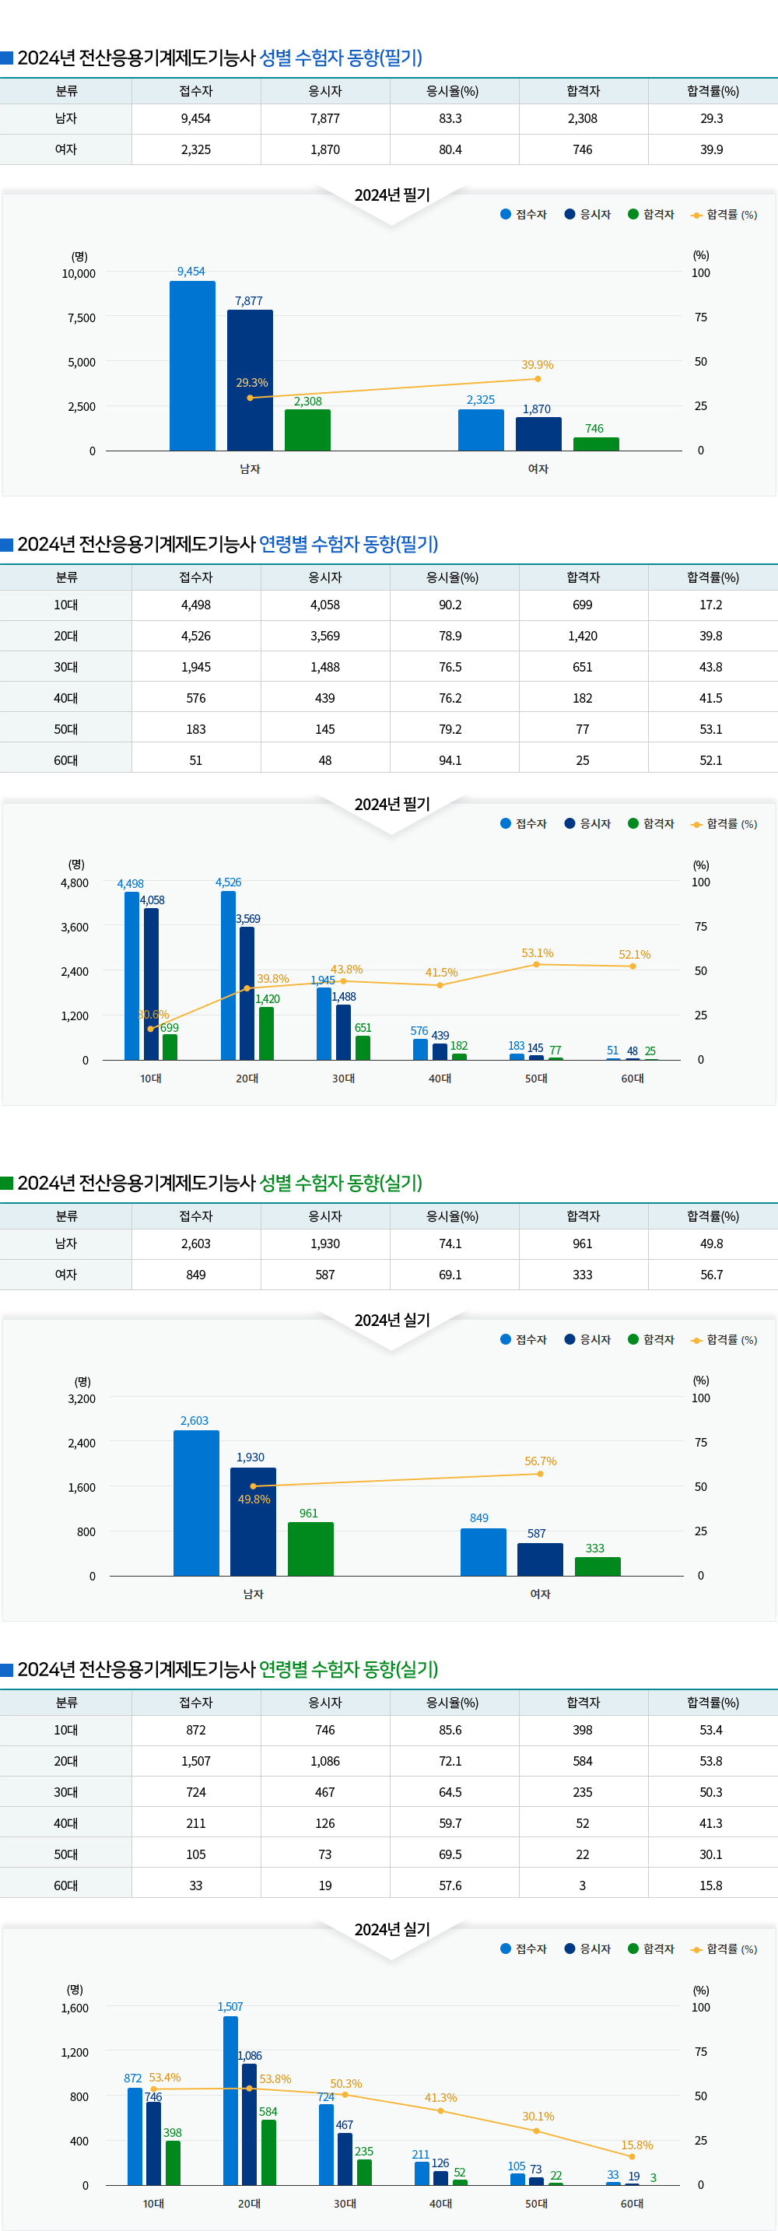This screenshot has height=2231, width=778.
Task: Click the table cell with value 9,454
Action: pyautogui.click(x=195, y=118)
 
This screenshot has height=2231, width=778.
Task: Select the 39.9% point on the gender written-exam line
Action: pyautogui.click(x=538, y=378)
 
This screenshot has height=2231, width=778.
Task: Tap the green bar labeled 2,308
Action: pyautogui.click(x=307, y=430)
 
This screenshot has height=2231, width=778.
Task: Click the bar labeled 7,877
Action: pyautogui.click(x=249, y=381)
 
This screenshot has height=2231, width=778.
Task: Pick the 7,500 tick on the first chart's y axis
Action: pyautogui.click(x=82, y=317)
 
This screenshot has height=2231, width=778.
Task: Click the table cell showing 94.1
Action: pyautogui.click(x=450, y=760)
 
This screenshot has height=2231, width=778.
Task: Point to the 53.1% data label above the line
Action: pyautogui.click(x=537, y=952)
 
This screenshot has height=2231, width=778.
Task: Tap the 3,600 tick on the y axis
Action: pyautogui.click(x=75, y=927)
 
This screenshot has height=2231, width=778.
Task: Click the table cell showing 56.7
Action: pyautogui.click(x=711, y=1275)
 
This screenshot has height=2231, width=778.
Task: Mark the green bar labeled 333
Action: pyautogui.click(x=598, y=1566)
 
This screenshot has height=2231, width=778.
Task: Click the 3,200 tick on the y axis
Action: pyautogui.click(x=82, y=1398)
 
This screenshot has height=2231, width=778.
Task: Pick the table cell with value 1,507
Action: pyautogui.click(x=195, y=1761)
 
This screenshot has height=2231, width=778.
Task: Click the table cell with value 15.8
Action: pyautogui.click(x=711, y=1885)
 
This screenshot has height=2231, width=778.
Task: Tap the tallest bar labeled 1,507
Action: pyautogui.click(x=230, y=2100)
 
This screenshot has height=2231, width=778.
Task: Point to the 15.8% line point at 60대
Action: pyautogui.click(x=632, y=2156)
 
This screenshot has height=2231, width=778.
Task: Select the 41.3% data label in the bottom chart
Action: pyautogui.click(x=440, y=2098)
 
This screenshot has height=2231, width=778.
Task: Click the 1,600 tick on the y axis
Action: pyautogui.click(x=75, y=2008)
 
